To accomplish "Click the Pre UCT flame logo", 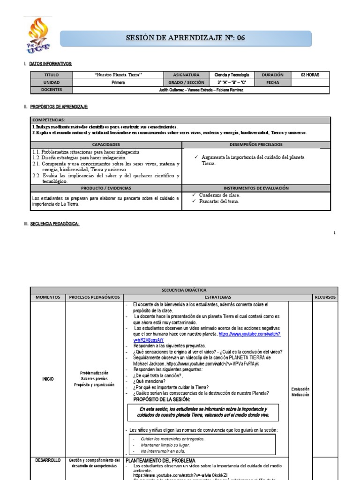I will click(39, 35).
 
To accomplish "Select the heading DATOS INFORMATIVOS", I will click(51, 63).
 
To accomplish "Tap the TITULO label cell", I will click(52, 75).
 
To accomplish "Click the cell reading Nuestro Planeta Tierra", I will click(118, 75).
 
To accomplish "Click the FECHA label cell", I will click(272, 82).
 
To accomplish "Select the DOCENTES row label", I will click(52, 90).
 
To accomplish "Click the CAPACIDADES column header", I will click(106, 145).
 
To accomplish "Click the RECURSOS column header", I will click(325, 297).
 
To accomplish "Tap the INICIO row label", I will click(48, 378).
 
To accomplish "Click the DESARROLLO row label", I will click(48, 461).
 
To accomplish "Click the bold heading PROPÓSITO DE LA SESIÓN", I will click(162, 399).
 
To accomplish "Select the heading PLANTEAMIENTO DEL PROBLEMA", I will click(161, 461).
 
